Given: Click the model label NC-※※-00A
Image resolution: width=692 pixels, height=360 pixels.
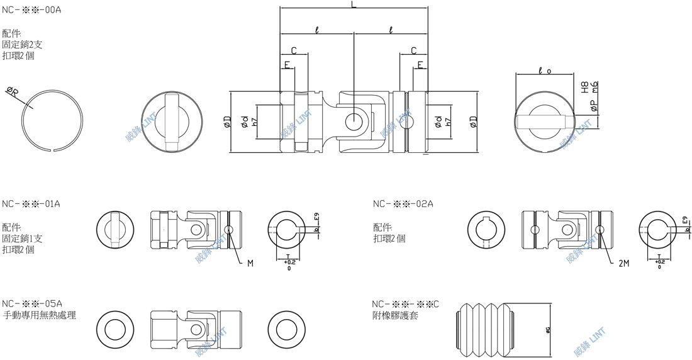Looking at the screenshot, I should click(31, 11).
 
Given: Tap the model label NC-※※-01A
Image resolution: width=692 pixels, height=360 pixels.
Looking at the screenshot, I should click(31, 204).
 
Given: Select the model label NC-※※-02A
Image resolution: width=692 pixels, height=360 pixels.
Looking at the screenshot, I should click(403, 204).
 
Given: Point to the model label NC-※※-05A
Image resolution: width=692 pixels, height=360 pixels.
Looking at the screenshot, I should click(31, 303).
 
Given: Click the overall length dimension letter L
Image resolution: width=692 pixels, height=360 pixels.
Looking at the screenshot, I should click(354, 5).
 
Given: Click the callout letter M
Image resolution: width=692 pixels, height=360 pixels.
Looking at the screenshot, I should click(250, 264).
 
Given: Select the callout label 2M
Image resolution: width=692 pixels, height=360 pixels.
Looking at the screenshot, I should click(623, 264).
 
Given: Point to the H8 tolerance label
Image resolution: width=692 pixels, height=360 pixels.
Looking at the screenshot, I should click(584, 87).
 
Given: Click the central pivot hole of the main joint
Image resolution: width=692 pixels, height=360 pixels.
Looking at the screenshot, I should click(354, 118).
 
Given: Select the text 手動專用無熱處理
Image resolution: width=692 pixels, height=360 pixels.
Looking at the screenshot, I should click(40, 315).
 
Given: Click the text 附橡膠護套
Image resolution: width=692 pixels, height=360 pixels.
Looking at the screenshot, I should click(395, 315).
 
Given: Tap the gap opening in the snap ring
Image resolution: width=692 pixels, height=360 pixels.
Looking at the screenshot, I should click(53, 150).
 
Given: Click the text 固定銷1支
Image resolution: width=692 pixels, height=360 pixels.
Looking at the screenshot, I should click(23, 239).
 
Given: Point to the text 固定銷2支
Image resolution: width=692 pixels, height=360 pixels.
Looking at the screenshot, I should click(23, 45).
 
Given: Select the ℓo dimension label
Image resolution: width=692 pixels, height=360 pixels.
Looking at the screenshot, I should click(545, 71).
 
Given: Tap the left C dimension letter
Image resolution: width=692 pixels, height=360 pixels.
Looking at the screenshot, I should click(294, 50).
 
